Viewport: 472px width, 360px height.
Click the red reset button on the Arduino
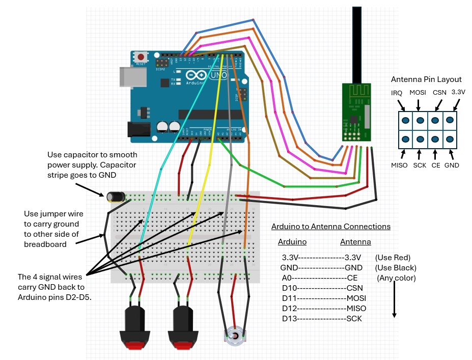click(140, 57)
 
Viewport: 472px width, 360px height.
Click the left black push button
click(134, 326)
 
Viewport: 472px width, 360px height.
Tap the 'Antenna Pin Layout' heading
click(426, 79)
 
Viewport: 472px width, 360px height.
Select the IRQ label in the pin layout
click(397, 93)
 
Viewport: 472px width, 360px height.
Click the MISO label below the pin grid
click(399, 165)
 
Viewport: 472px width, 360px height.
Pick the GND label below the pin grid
click(452, 165)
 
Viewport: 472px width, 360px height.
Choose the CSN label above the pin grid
click(439, 93)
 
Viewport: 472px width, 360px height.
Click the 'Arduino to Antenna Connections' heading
click(330, 227)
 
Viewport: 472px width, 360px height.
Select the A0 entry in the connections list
click(287, 278)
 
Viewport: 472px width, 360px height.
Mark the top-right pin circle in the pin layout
click(449, 121)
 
